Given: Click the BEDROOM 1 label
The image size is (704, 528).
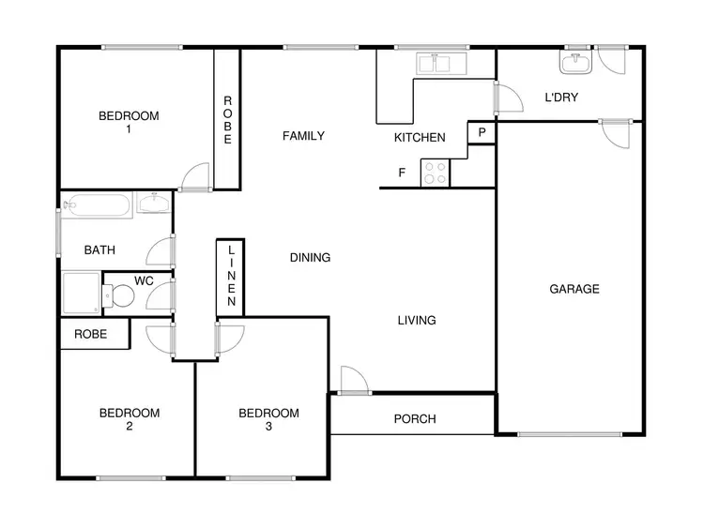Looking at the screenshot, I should (129, 123).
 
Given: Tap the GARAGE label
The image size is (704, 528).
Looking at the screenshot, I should (574, 289).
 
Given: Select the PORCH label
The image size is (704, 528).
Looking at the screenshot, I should (414, 419).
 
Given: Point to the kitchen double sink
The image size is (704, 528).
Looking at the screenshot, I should (435, 64).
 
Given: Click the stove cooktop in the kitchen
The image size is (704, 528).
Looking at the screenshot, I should (435, 173).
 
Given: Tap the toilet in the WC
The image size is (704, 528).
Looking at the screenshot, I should (121, 297).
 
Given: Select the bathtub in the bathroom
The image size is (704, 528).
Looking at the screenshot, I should (98, 204).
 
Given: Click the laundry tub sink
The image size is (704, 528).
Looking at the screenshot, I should (574, 64).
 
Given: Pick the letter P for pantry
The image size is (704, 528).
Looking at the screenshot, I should (482, 133).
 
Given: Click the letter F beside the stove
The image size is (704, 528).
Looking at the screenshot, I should (402, 173).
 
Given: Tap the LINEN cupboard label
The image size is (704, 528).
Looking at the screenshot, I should (231, 277).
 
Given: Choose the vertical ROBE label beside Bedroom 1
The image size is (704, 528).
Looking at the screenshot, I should (227, 120).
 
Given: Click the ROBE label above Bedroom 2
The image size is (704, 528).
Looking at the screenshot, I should (91, 334).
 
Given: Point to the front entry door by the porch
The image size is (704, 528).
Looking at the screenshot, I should (354, 380).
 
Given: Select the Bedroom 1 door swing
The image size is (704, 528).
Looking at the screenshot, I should (195, 176).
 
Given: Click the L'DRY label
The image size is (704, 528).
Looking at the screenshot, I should (561, 97).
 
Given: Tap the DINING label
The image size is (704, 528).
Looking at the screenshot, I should (310, 257).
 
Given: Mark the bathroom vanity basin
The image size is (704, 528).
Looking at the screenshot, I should (153, 204).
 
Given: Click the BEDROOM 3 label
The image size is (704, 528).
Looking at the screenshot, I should (268, 419).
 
